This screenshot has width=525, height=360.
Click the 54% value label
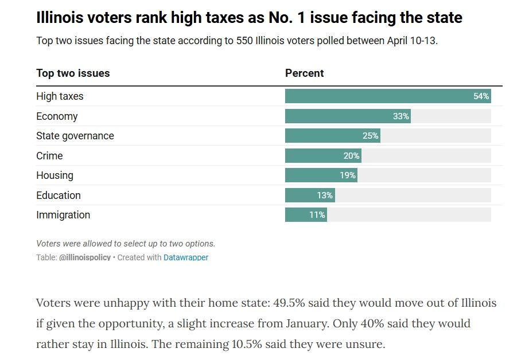pos(481,96)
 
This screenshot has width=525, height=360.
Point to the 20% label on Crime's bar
pos(352,156)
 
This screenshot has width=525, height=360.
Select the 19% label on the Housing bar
pos(348,175)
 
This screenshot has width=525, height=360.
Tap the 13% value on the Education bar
pos(325,195)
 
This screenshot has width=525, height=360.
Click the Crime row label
pos(49,156)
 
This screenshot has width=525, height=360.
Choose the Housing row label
pos(55,175)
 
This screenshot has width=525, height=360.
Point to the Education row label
pos(59,195)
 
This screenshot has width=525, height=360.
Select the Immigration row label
pos(63,215)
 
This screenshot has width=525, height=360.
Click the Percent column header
pos(304,73)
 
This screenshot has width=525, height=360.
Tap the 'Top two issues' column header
pos(73,73)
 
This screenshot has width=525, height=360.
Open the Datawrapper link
pos(186,258)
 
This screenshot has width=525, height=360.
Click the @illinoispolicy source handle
pos(85,258)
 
